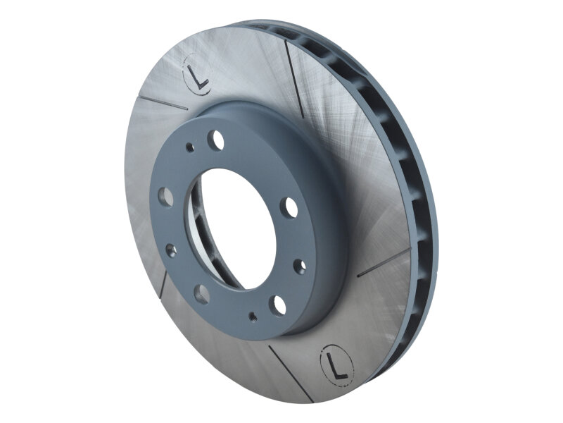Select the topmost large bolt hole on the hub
click(x=219, y=140)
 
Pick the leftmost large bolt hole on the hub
click(x=166, y=195)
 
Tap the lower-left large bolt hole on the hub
click(x=201, y=294)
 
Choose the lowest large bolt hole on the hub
click(x=279, y=304)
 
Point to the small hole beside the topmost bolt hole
click(x=189, y=147)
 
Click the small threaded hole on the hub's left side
click(x=169, y=248)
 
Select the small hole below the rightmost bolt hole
click(x=300, y=265)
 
